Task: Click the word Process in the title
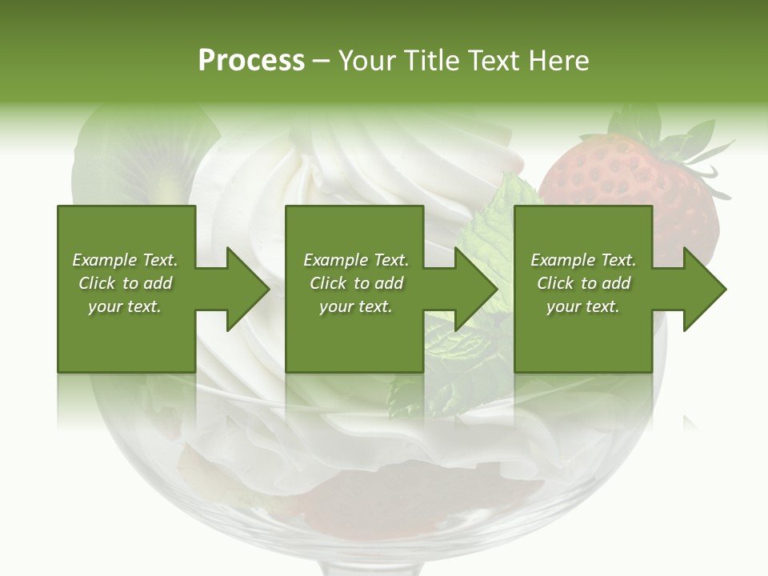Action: coord(251,61)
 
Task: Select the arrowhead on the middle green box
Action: coord(474,289)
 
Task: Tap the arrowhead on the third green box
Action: coord(702,289)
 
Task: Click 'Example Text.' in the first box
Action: coord(125,260)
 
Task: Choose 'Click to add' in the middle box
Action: coord(356,283)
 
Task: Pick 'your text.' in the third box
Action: coord(583,306)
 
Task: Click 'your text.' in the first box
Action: coord(125,306)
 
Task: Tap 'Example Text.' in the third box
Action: coord(583,260)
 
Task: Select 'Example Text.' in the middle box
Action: coord(356,260)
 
